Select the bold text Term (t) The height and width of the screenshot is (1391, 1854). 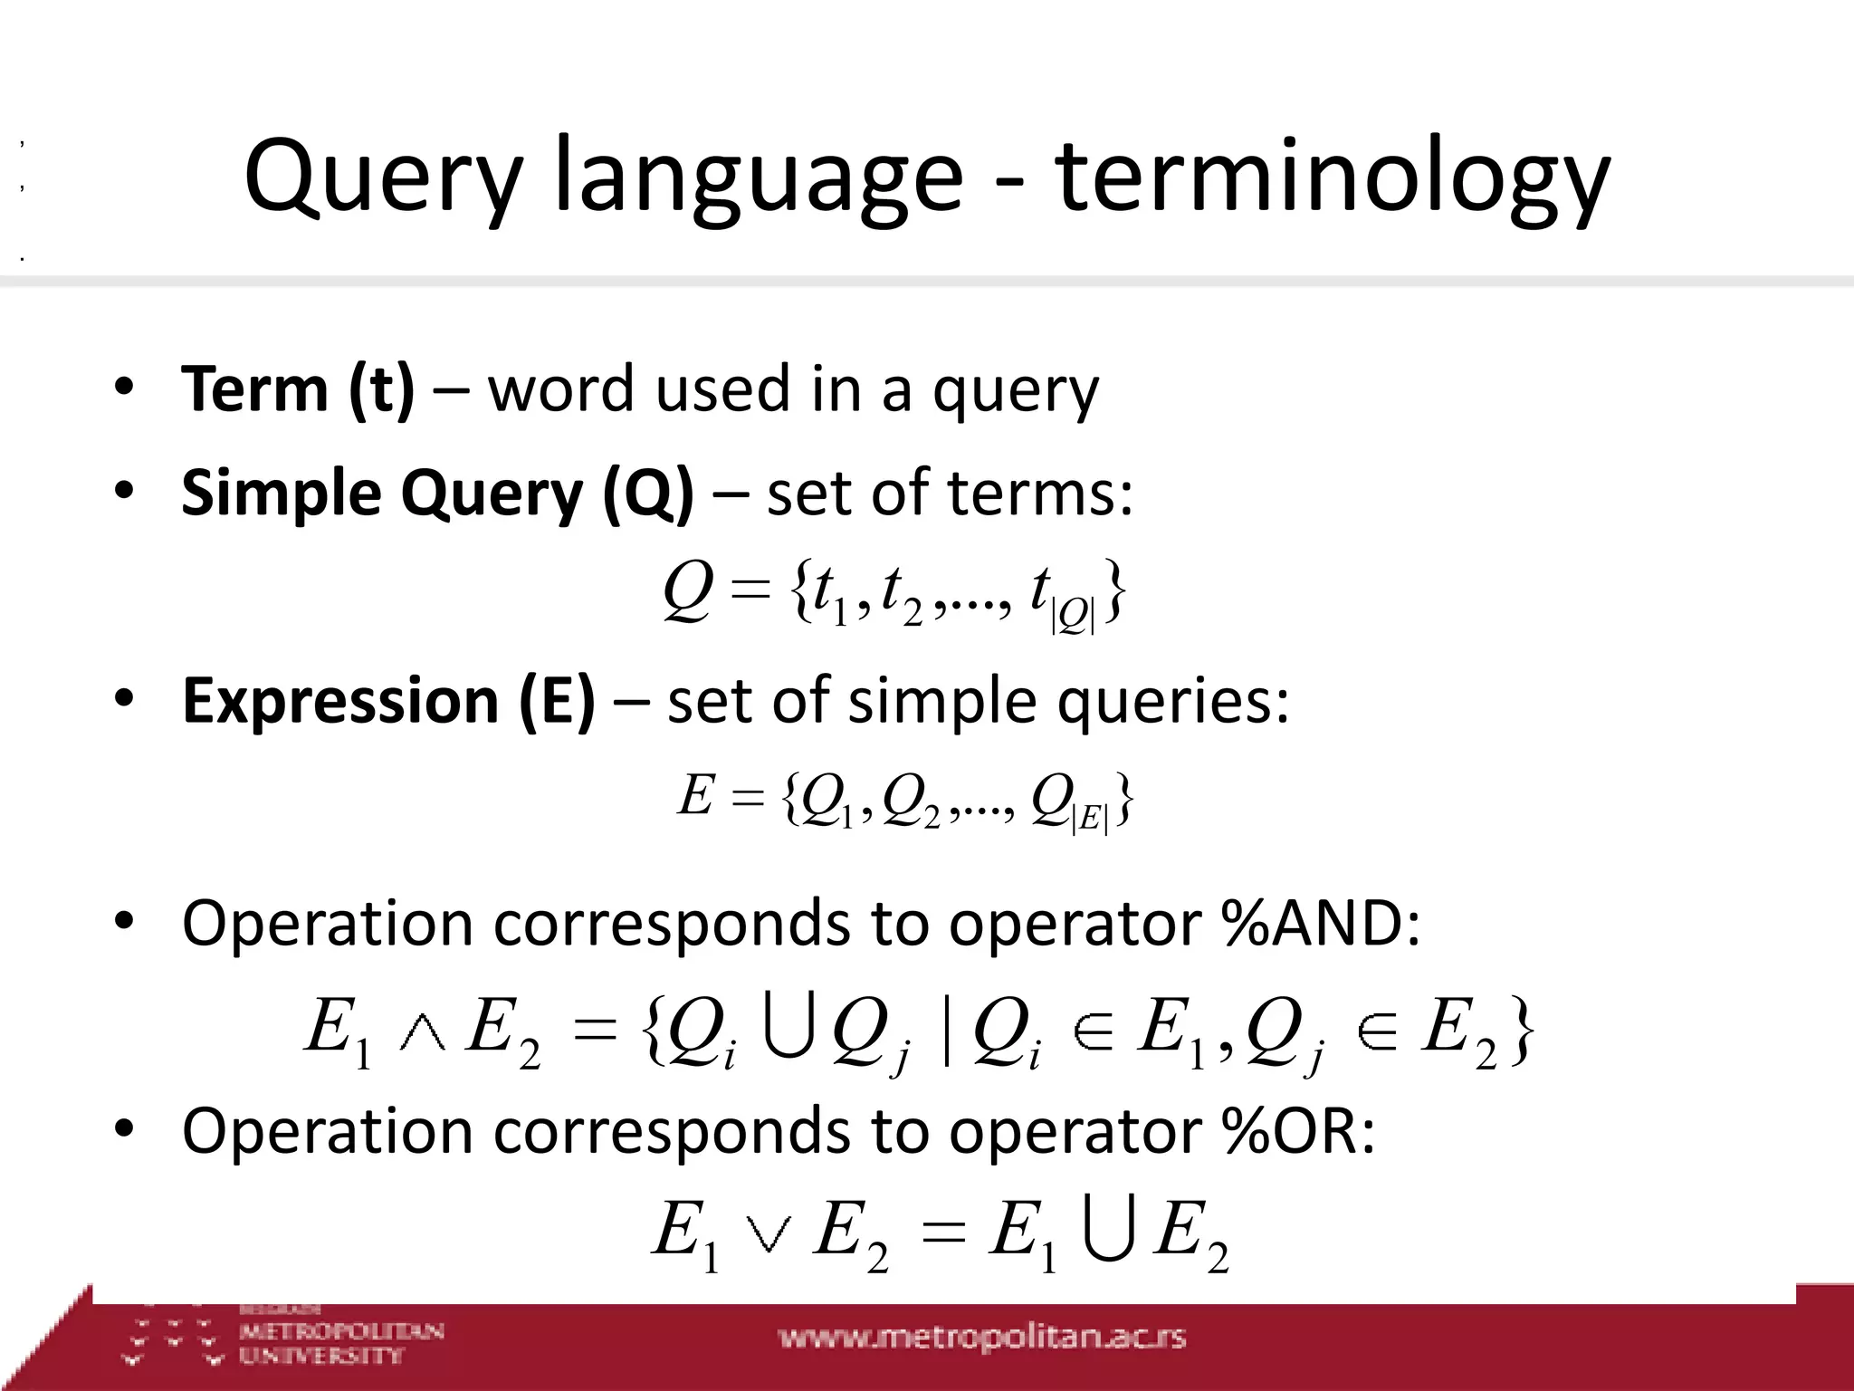pyautogui.click(x=298, y=389)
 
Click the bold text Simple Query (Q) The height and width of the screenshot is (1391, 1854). pyautogui.click(x=437, y=494)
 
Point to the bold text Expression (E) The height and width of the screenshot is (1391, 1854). pyautogui.click(x=388, y=701)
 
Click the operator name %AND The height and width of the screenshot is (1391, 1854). pyautogui.click(x=1313, y=924)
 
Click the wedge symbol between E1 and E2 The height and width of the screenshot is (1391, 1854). pyautogui.click(x=423, y=1034)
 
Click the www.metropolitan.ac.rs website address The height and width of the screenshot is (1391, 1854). pyautogui.click(x=982, y=1338)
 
